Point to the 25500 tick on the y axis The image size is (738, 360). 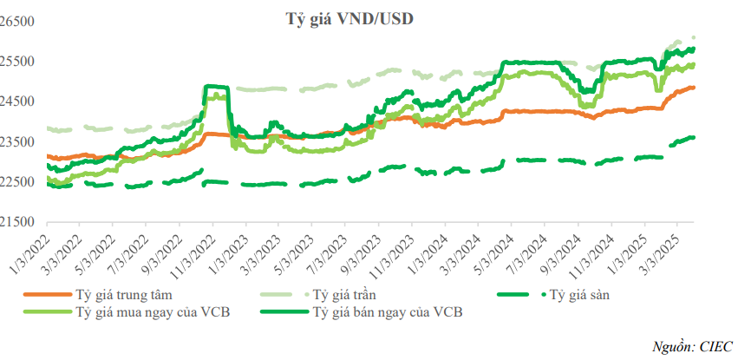coord(16,62)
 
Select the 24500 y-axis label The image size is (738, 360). coord(16,101)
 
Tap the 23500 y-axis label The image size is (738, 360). coord(16,141)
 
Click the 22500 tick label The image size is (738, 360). coord(16,181)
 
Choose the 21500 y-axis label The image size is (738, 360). coord(16,222)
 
